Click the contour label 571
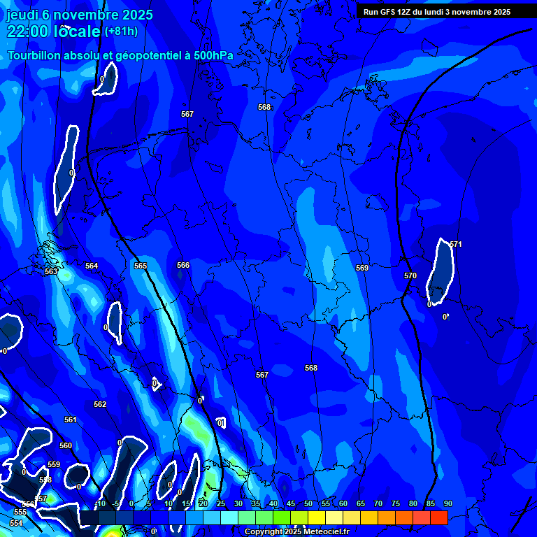(x=456, y=244)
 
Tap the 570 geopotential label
(x=410, y=276)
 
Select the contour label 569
(x=362, y=268)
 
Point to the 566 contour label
(x=183, y=266)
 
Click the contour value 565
(x=141, y=266)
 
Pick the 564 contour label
(x=92, y=266)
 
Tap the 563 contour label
(x=51, y=272)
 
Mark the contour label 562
(x=100, y=405)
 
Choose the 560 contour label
(x=66, y=446)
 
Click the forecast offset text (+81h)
(x=121, y=31)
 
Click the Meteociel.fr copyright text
(x=296, y=532)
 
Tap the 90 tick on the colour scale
(x=447, y=504)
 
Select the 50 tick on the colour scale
(x=308, y=504)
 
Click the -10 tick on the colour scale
(x=99, y=504)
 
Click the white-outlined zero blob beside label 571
(x=441, y=273)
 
